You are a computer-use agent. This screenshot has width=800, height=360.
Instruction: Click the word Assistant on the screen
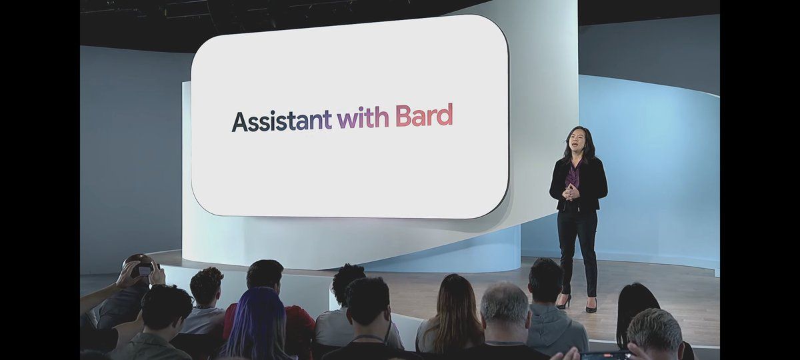(282, 121)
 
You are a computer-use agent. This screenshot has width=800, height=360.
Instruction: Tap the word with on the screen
(363, 117)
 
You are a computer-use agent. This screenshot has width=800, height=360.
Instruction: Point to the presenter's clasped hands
(571, 193)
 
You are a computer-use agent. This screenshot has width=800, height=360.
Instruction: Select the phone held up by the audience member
(145, 270)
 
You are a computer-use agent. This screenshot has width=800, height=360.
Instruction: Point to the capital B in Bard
(403, 115)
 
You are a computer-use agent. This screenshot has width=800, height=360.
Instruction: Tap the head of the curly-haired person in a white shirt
(348, 282)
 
